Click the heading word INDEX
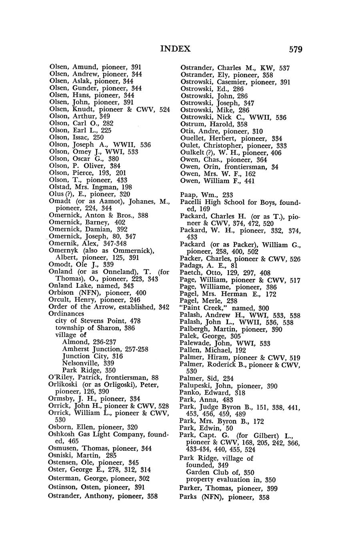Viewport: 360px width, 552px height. (175, 49)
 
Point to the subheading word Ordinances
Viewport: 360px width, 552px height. (66, 314)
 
